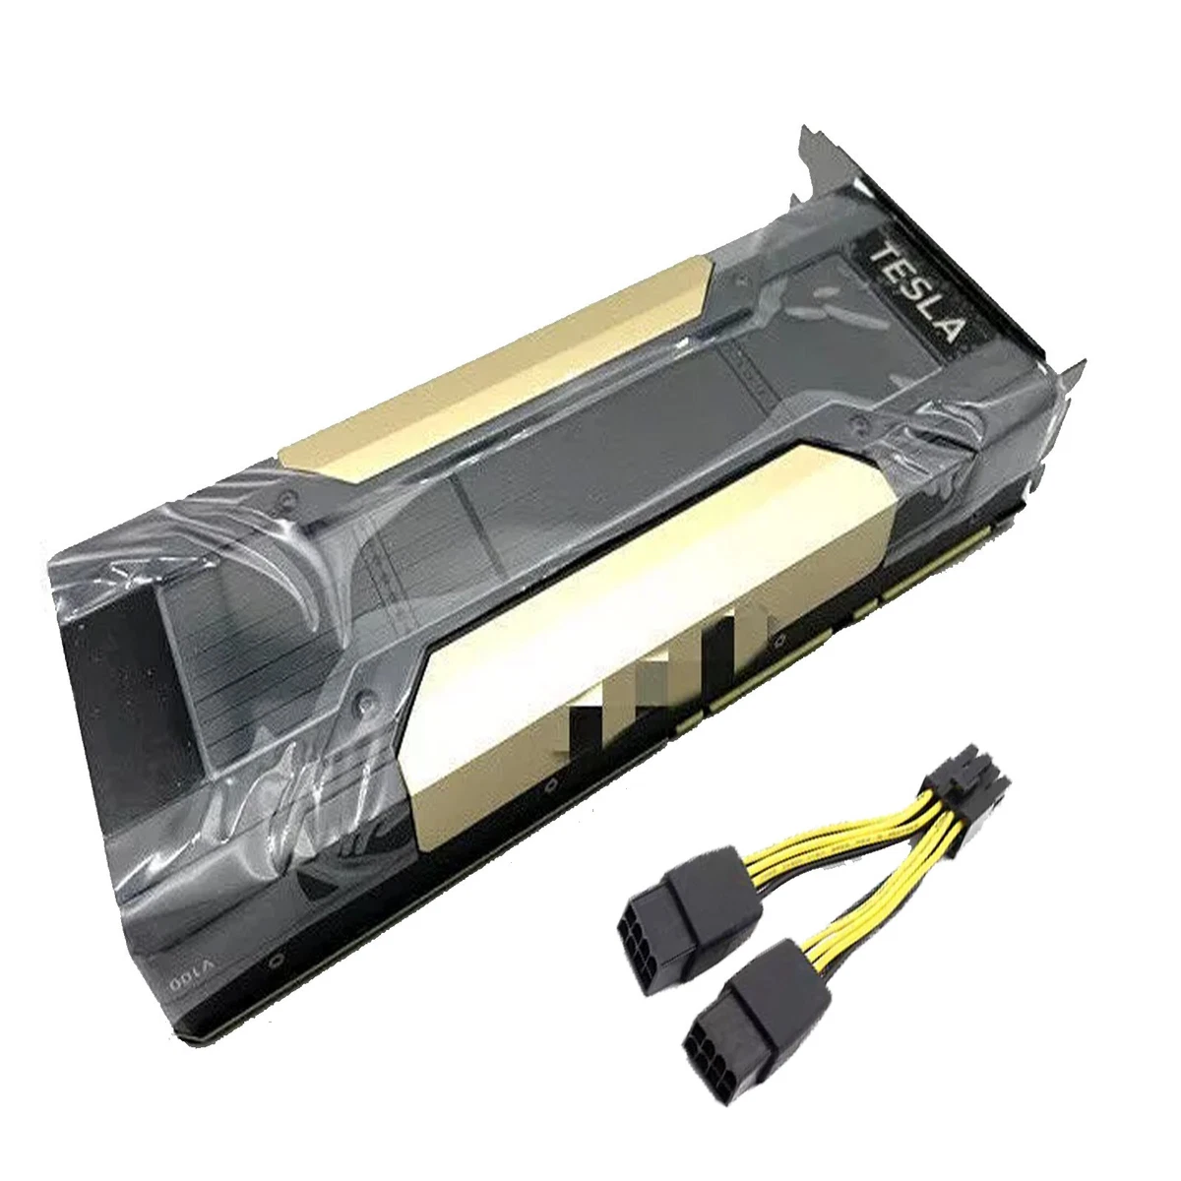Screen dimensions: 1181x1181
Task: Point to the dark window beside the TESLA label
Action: point(817,325)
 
